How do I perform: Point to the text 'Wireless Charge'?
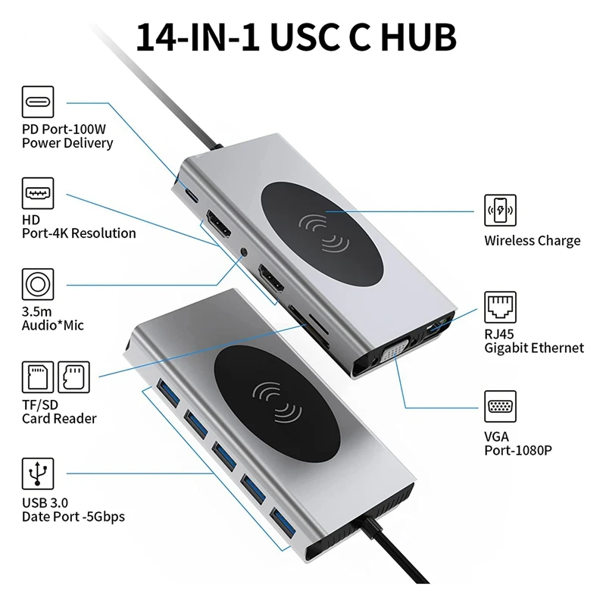pos(532,241)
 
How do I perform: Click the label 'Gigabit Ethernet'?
pos(534,348)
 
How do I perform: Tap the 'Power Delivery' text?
pos(67,142)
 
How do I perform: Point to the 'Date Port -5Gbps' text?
pos(73,517)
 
